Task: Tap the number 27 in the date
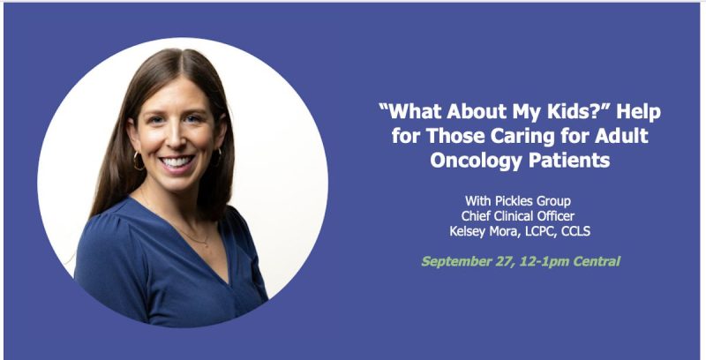point(506,261)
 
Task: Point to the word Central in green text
point(595,261)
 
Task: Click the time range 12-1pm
point(544,261)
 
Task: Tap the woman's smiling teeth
point(177,163)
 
